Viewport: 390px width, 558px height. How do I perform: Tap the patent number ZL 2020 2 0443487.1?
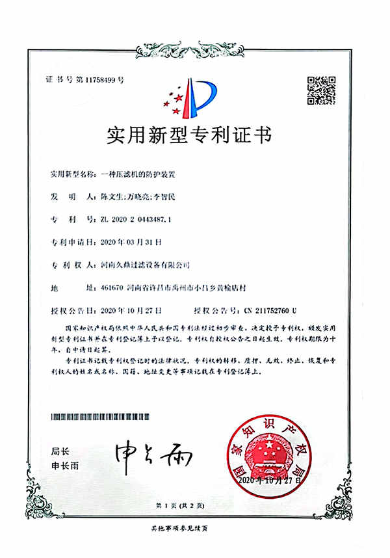pos(137,219)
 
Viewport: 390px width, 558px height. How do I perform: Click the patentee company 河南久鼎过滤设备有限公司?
pos(147,265)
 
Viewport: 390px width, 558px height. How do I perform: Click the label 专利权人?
pos(66,265)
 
